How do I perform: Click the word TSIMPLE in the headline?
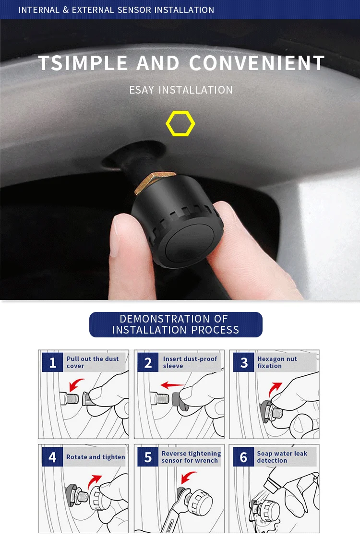tap(83, 63)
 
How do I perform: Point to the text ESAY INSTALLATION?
tap(180, 90)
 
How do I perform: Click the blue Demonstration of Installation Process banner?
tap(176, 324)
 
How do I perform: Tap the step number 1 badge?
tap(53, 362)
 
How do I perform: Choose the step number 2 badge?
tap(148, 362)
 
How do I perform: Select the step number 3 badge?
tap(243, 362)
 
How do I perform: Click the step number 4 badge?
tap(53, 457)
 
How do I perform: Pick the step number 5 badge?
tap(148, 457)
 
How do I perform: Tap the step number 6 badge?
tap(243, 457)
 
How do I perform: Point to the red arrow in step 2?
tap(172, 385)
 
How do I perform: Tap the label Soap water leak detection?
tap(282, 457)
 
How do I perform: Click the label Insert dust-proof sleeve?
tap(190, 362)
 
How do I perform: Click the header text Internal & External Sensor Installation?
tap(116, 10)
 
